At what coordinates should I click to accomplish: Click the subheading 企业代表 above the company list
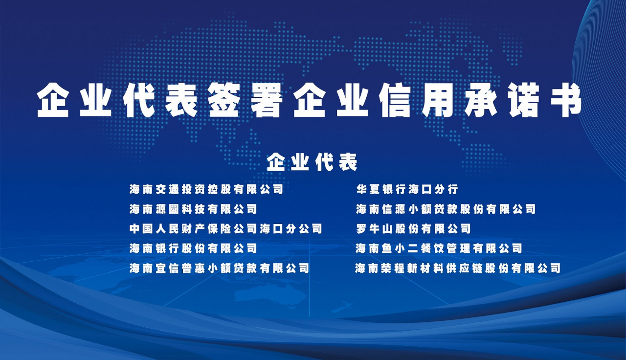[312, 162]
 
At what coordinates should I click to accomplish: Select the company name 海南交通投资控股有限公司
[206, 189]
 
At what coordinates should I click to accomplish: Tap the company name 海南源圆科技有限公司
[193, 209]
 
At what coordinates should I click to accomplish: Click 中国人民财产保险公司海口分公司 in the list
[226, 228]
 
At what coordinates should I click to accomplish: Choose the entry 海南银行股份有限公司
[193, 248]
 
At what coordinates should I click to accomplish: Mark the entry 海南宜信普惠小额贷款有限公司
[219, 269]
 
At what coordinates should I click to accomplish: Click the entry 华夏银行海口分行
[407, 189]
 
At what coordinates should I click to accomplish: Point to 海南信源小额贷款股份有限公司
[446, 209]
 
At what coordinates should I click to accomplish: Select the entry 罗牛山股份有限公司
[413, 228]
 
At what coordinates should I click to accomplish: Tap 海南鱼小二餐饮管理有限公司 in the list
[439, 248]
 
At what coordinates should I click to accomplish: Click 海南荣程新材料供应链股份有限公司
[458, 269]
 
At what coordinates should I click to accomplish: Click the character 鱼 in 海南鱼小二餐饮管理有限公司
[387, 248]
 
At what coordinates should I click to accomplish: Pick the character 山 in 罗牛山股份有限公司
[387, 228]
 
